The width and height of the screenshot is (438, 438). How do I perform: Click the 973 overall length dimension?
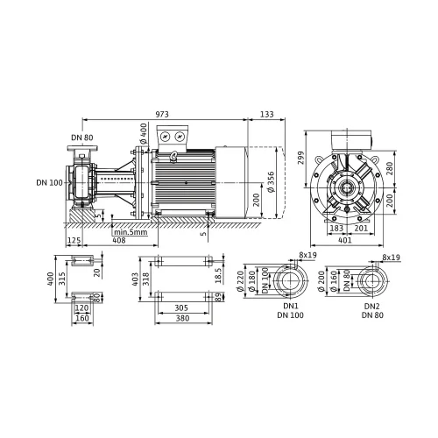tap(162, 114)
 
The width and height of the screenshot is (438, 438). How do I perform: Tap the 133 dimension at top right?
tap(267, 114)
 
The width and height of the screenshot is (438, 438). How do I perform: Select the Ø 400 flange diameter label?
tap(144, 133)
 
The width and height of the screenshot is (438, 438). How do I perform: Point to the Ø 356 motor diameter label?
tap(271, 181)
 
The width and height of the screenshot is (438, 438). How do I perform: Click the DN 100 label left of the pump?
tap(50, 183)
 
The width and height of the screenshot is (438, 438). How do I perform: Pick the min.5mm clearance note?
tap(131, 232)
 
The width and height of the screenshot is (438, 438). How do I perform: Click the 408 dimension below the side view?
tap(119, 240)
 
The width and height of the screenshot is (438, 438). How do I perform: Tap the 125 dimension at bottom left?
tap(74, 240)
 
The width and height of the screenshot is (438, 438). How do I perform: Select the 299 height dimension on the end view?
tap(301, 158)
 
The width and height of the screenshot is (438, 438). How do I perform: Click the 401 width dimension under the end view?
tap(345, 240)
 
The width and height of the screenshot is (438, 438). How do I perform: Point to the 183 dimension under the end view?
tap(336, 228)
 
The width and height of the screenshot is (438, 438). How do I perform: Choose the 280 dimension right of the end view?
tap(390, 169)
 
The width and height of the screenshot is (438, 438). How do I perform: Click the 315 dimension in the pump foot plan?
tap(62, 279)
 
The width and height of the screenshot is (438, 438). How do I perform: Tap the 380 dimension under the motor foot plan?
tap(182, 318)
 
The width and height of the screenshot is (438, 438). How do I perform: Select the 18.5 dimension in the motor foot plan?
tap(218, 275)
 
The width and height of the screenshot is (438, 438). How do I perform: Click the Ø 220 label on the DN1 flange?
tap(240, 281)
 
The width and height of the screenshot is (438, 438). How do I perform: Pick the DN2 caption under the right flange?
tap(372, 307)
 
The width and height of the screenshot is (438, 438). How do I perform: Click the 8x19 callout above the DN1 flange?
tap(307, 255)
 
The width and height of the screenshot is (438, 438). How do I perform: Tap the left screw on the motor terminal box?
tap(166, 137)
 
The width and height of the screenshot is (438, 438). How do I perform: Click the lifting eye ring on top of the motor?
tap(174, 155)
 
